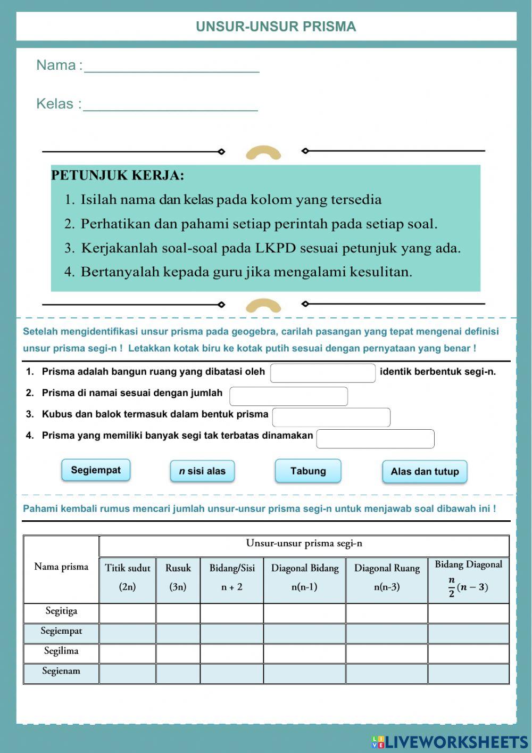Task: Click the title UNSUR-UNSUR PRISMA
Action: click(x=276, y=27)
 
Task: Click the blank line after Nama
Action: click(x=171, y=66)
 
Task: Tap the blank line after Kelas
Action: click(x=170, y=104)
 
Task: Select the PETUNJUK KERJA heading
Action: click(x=118, y=175)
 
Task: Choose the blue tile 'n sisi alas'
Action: click(x=202, y=471)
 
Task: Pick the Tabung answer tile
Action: click(x=308, y=471)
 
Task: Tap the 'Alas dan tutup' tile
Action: click(x=425, y=472)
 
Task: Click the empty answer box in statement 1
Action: click(x=323, y=373)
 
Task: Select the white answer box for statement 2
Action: click(x=288, y=396)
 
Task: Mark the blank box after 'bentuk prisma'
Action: click(x=331, y=417)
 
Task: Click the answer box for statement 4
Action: click(x=375, y=439)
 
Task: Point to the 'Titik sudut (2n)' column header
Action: click(x=128, y=578)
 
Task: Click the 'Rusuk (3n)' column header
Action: click(x=178, y=578)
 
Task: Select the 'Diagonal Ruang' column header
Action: click(x=387, y=578)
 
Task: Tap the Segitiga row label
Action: click(x=61, y=611)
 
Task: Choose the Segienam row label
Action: click(x=61, y=672)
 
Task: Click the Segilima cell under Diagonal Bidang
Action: click(x=304, y=653)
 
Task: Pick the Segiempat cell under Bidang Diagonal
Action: click(x=468, y=633)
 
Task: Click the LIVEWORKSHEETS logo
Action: click(x=450, y=742)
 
